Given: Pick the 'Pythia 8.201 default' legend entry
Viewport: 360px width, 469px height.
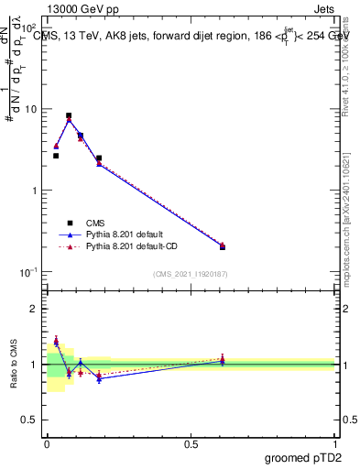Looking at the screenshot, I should (x=128, y=234).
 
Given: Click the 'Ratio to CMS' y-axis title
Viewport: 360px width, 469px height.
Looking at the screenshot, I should (x=13, y=364).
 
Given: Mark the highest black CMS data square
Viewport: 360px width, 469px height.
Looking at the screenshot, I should (x=69, y=116).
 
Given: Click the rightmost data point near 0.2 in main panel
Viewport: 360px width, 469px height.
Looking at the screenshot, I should (x=223, y=246).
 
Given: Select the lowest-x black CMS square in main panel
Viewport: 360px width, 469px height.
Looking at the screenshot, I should (x=56, y=156).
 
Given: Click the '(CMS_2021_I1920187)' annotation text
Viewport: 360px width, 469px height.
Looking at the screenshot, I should (x=191, y=273).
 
